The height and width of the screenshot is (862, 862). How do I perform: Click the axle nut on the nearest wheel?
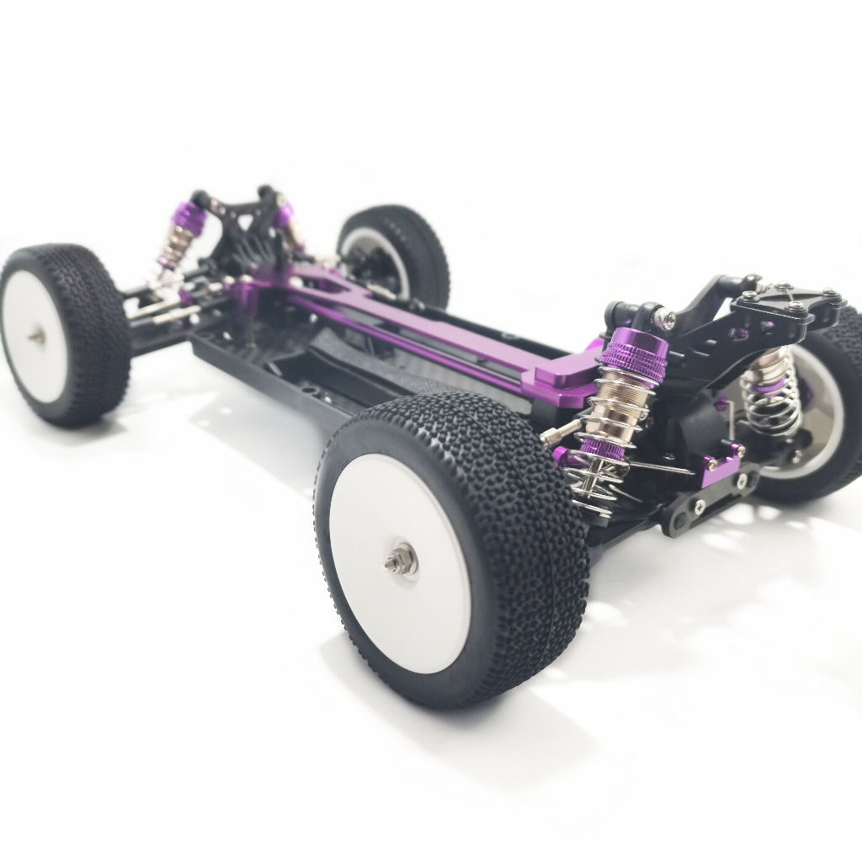402,558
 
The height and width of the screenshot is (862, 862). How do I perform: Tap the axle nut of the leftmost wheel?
37,336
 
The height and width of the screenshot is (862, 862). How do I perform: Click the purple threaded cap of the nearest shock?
634,354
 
